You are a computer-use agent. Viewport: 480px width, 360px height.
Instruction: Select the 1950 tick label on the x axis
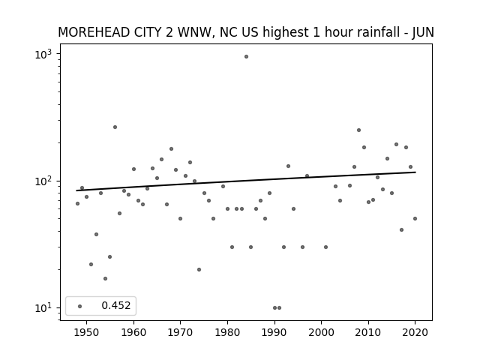pos(87,332)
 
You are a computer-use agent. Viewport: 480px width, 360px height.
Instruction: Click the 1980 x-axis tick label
pos(227,332)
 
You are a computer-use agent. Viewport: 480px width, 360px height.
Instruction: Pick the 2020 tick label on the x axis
pos(415,332)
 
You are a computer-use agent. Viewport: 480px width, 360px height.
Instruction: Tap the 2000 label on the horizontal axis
pos(322,332)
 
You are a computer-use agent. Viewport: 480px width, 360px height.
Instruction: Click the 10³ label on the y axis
pos(43,55)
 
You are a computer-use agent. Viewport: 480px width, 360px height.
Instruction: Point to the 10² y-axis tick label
pos(43,181)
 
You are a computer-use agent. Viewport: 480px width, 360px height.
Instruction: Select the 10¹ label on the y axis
pos(43,308)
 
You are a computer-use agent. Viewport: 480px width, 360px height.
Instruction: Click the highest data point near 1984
pos(246,57)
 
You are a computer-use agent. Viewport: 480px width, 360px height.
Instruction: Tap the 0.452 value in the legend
pos(116,305)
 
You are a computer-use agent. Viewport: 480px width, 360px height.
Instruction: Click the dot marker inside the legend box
pos(80,306)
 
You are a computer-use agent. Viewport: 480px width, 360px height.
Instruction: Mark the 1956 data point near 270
pos(115,127)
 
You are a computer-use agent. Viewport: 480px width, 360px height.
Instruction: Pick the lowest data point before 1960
pos(105,278)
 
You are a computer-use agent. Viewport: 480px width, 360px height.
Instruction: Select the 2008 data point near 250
pos(358,130)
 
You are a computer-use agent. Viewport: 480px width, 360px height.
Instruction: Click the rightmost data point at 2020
pos(415,218)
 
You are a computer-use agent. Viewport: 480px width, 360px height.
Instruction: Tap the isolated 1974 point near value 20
pos(199,270)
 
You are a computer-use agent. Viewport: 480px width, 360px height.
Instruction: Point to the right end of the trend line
pos(415,172)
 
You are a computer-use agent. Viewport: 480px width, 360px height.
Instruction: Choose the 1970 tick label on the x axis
pos(181,332)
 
